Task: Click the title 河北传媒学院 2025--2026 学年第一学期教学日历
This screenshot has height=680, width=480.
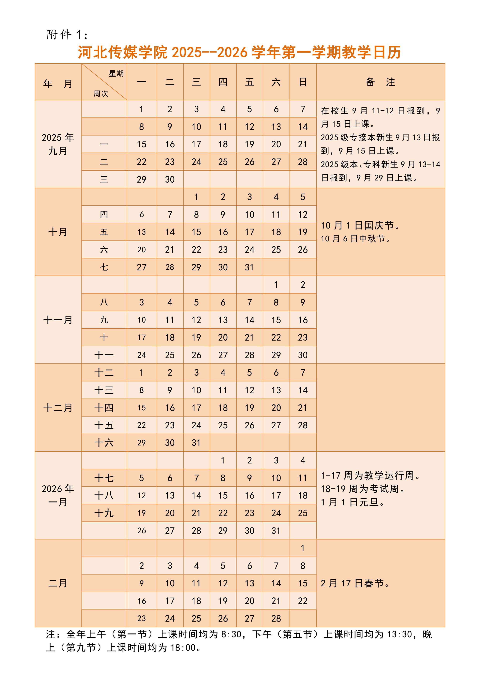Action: pyautogui.click(x=239, y=52)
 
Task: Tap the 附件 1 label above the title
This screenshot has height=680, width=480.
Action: pyautogui.click(x=67, y=35)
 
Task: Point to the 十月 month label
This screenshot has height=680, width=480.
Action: pyautogui.click(x=58, y=232)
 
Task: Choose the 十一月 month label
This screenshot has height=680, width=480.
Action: pyautogui.click(x=58, y=320)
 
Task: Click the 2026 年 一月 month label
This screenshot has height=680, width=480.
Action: pyautogui.click(x=58, y=495)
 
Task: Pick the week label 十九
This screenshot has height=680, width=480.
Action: pyautogui.click(x=104, y=513)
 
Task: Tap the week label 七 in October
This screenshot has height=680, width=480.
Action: pyautogui.click(x=104, y=267)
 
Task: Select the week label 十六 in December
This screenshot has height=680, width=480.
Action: pyautogui.click(x=104, y=443)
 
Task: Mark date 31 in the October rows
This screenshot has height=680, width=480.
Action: pyautogui.click(x=249, y=267)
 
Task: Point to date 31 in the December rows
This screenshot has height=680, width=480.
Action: pyautogui.click(x=196, y=443)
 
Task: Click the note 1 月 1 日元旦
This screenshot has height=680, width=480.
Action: pyautogui.click(x=353, y=502)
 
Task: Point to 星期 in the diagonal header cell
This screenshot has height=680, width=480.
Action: pyautogui.click(x=116, y=74)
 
